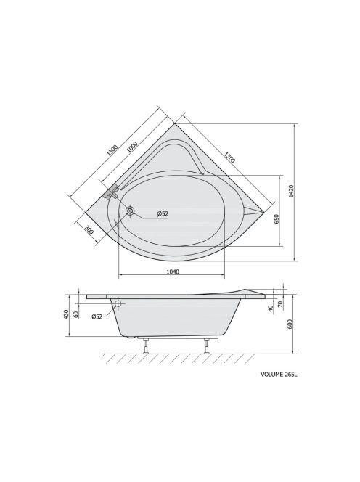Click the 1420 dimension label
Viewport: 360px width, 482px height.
click(292, 191)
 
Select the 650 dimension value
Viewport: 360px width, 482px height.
click(277, 219)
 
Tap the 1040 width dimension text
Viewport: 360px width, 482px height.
click(173, 271)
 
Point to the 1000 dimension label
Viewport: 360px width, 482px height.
click(132, 147)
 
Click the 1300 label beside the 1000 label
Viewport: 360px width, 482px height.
click(112, 150)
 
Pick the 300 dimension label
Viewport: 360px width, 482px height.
click(89, 230)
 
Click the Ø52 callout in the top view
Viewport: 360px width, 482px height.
click(163, 213)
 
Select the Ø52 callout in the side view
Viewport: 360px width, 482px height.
click(97, 316)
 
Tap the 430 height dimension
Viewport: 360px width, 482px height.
click(65, 315)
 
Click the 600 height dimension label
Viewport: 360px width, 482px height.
click(290, 324)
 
